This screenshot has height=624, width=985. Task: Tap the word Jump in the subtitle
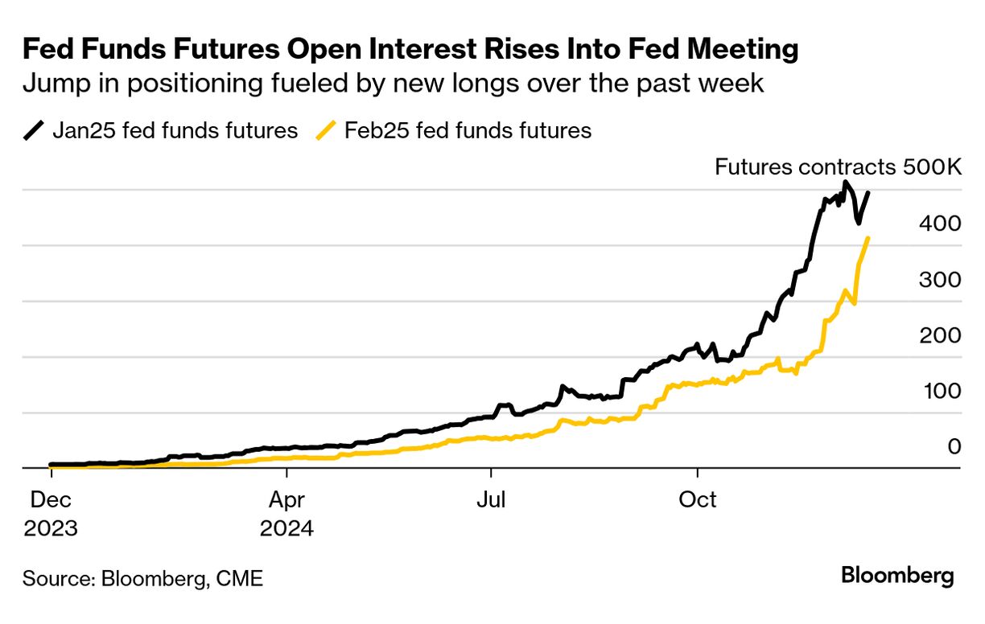(50, 84)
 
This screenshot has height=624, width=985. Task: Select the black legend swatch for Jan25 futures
(34, 130)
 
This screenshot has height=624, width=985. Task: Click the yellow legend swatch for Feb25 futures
(326, 130)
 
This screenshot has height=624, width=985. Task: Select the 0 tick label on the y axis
(954, 446)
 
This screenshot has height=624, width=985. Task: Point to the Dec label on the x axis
(50, 499)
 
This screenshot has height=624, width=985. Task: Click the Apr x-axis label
(286, 499)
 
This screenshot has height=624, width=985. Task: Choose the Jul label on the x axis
(491, 499)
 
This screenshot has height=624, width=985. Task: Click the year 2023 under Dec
(50, 528)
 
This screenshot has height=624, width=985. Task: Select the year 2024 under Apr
(286, 528)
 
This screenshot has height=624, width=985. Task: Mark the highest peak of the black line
(844, 183)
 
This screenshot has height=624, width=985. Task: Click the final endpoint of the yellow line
(868, 238)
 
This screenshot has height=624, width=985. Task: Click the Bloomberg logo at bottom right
(897, 576)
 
